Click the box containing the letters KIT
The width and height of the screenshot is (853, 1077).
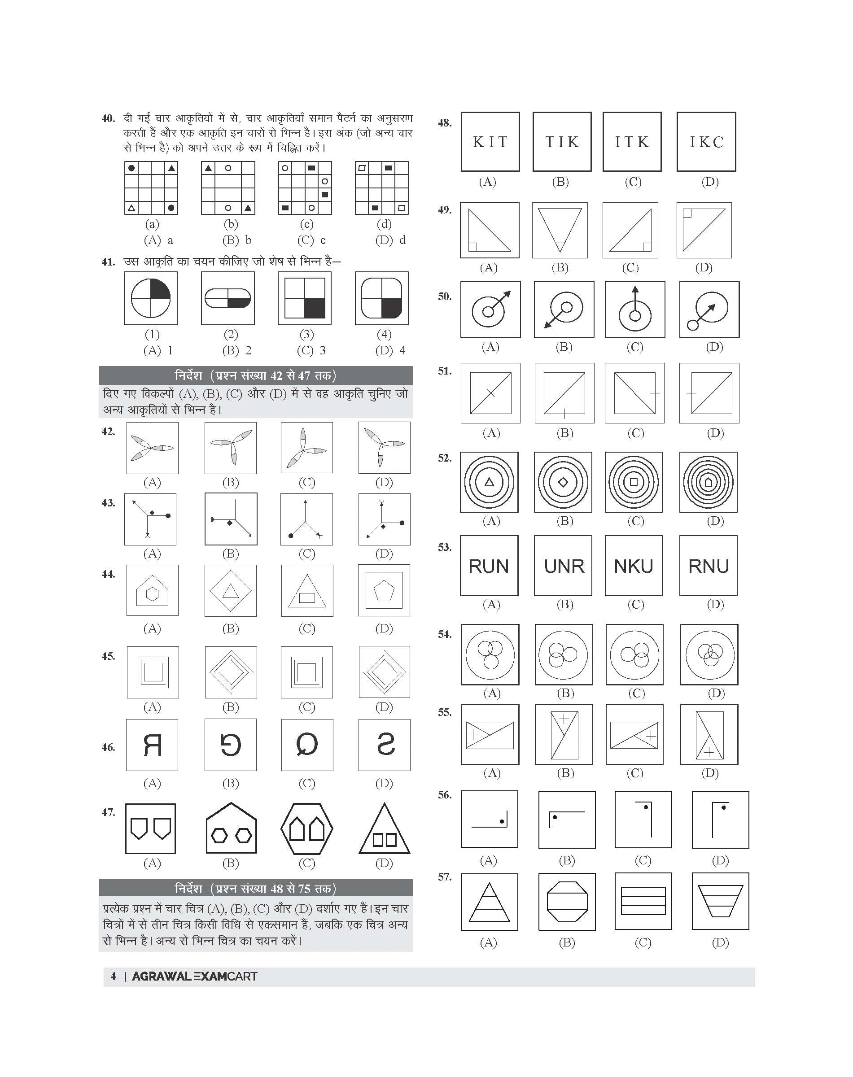click(490, 142)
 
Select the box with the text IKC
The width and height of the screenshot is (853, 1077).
click(706, 142)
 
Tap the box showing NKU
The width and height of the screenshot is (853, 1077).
click(633, 566)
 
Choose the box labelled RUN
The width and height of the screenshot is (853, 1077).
click(489, 566)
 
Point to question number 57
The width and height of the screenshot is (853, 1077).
click(445, 877)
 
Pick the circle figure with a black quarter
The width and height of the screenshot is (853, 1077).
click(151, 298)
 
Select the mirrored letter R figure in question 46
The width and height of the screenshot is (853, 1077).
click(152, 745)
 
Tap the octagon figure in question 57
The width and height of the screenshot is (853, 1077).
click(567, 902)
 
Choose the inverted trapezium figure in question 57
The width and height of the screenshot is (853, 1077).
click(720, 902)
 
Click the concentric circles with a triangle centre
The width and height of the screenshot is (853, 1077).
click(490, 482)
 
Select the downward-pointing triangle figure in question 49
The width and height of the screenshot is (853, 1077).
click(560, 230)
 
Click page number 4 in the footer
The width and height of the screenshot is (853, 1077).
click(114, 976)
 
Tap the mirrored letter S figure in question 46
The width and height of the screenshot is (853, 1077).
click(384, 745)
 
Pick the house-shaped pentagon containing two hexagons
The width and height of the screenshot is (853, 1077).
click(231, 829)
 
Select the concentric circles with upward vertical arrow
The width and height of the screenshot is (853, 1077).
click(635, 310)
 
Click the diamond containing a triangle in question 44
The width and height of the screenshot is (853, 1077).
click(230, 591)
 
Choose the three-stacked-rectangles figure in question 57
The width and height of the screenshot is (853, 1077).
click(643, 902)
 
